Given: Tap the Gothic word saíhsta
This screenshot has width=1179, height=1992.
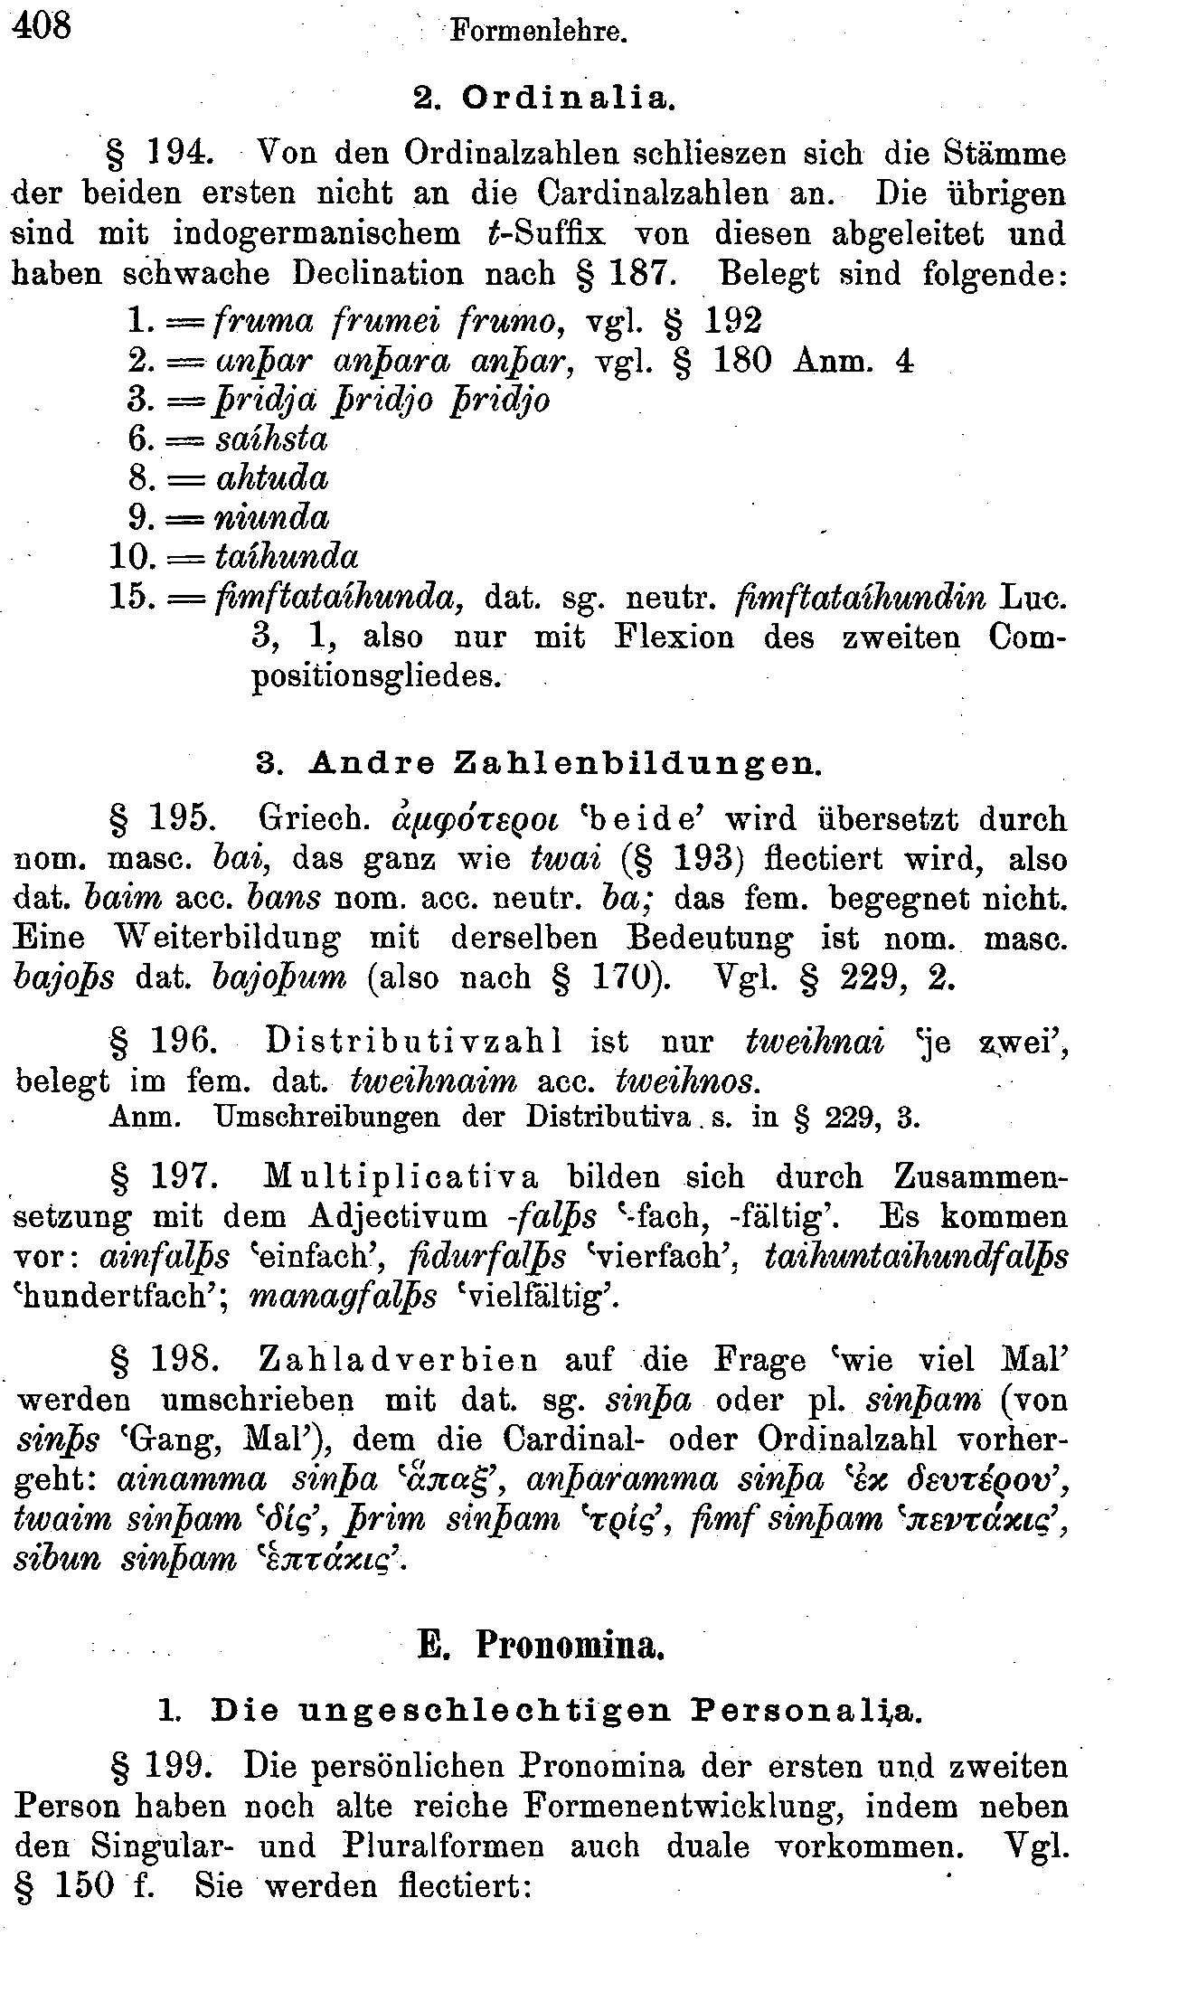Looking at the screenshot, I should click(271, 439).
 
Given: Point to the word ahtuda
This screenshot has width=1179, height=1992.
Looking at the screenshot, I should click(272, 478).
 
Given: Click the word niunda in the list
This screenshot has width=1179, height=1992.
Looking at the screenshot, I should click(272, 518).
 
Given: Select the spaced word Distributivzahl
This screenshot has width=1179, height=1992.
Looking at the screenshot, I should click(415, 1042).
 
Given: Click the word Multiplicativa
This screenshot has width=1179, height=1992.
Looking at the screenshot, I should click(401, 1178).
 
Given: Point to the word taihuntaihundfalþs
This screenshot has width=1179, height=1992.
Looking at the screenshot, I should click(916, 1257).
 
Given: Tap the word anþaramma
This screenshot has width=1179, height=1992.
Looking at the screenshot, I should click(621, 1479).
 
